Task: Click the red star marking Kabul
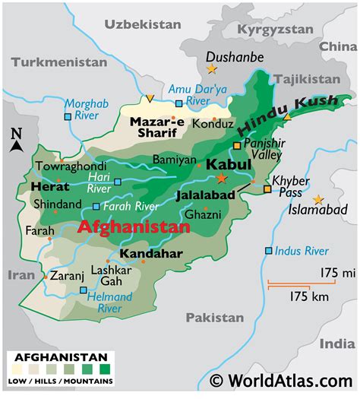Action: [221, 178]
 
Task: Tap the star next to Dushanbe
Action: [210, 68]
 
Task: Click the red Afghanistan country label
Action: [134, 227]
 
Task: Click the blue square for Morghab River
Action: [68, 117]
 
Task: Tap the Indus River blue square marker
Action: [267, 251]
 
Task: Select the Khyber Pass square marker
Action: [267, 189]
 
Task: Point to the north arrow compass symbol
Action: [16, 141]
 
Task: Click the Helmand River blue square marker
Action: [83, 290]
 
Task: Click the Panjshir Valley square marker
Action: [237, 144]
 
